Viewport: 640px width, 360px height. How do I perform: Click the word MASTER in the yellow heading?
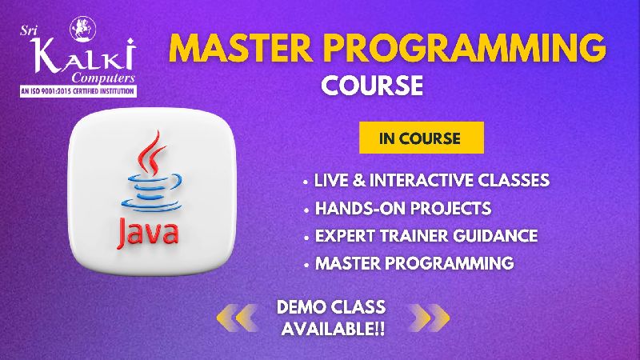[241, 47]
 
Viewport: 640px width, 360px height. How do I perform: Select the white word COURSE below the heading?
[372, 86]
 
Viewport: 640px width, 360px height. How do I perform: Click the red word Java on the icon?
[148, 233]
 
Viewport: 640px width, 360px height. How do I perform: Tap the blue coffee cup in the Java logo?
[151, 193]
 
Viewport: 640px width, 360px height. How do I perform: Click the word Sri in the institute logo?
[29, 30]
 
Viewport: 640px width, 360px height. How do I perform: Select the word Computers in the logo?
[103, 78]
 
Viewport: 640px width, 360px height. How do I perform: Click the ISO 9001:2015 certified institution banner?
[78, 91]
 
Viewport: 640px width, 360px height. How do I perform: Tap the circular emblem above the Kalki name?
[83, 29]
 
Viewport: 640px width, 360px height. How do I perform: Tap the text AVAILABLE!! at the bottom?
[333, 329]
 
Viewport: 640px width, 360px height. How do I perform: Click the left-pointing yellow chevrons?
[237, 318]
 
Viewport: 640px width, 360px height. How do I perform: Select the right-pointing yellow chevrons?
[429, 318]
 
